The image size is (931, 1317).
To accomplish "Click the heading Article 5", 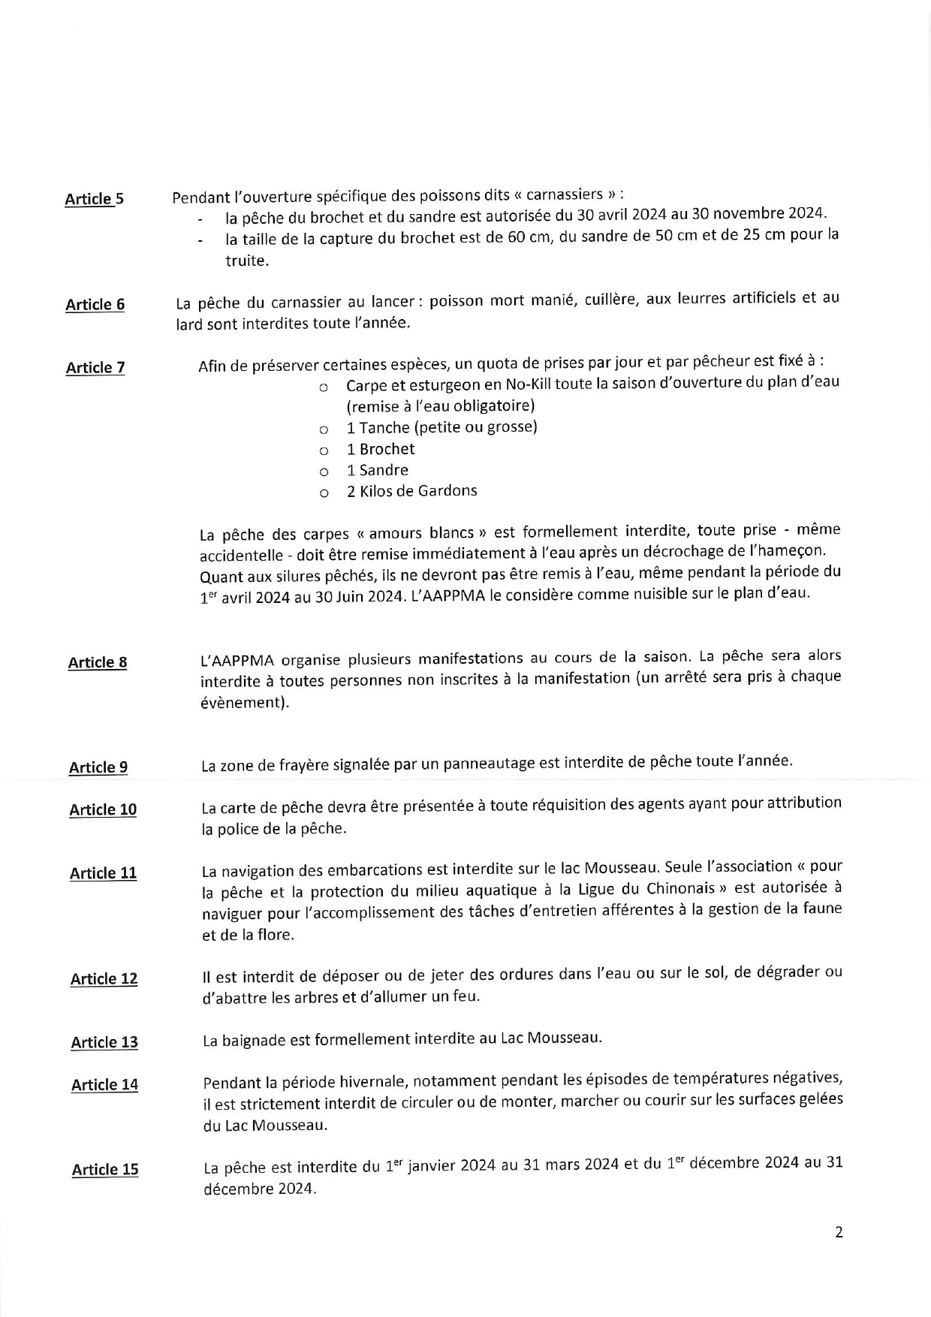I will coord(94,199).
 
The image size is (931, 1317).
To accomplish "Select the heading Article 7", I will coord(95,368).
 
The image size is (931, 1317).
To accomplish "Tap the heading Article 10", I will coord(103,809).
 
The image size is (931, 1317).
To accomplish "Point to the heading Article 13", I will coord(104,1042).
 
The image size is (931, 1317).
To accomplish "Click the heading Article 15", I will coord(105,1170).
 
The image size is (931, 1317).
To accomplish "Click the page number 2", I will coord(839,1232).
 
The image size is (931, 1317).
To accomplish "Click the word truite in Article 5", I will coord(246,261).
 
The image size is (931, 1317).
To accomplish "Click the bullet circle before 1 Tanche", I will coord(324,430).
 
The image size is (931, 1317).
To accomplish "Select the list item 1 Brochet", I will coord(380,449).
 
